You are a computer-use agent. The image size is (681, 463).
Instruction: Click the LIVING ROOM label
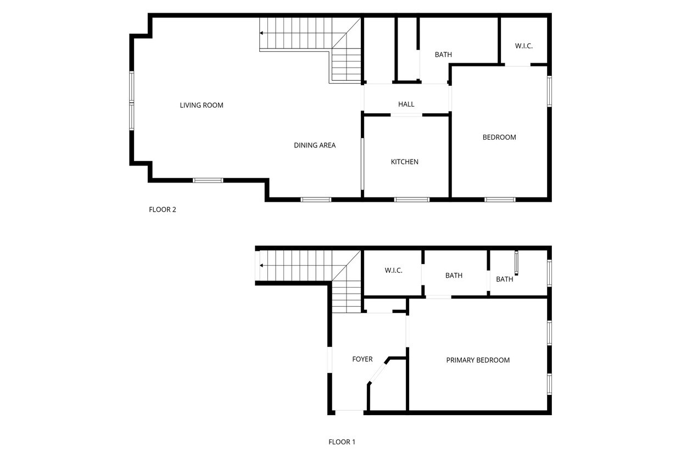[202, 105]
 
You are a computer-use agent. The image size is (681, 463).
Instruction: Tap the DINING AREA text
[315, 145]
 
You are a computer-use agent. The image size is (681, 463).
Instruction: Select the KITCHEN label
[405, 162]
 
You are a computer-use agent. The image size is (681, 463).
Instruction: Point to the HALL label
[406, 104]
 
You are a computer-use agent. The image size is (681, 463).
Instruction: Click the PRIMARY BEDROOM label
[478, 360]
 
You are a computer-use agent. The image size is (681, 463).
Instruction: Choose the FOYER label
[362, 359]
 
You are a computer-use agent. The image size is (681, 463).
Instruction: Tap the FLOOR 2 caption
[163, 210]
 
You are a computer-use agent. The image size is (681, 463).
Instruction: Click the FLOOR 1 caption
[342, 442]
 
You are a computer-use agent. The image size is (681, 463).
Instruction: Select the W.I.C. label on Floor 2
[524, 46]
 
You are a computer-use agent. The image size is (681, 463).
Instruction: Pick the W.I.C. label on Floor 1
[394, 270]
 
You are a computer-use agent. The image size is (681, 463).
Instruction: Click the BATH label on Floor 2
[443, 54]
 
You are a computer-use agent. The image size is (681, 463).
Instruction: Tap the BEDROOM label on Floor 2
[499, 137]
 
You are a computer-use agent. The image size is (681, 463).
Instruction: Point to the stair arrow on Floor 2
[262, 33]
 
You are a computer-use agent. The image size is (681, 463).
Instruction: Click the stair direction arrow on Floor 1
[262, 266]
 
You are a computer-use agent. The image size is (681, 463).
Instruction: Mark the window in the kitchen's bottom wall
[412, 199]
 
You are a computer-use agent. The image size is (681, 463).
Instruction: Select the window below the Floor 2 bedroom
[500, 199]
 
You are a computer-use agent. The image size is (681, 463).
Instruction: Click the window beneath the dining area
[316, 199]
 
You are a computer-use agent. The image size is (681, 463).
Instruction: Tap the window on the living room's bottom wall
[208, 180]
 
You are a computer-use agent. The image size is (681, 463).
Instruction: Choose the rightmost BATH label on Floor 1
[505, 279]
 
